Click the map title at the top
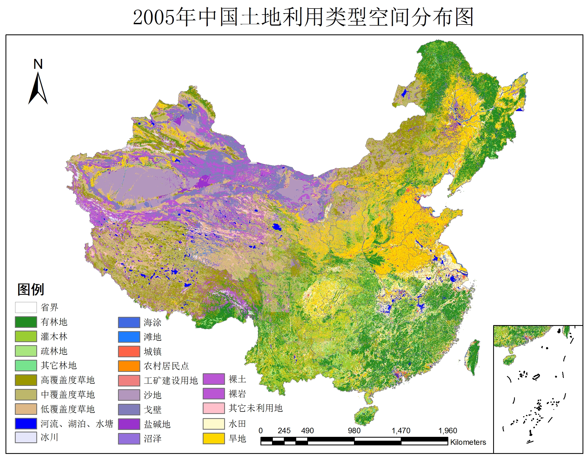303,17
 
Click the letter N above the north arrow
38,64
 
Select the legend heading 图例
31,289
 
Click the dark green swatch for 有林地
26,322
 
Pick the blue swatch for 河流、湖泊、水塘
26,423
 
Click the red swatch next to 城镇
129,351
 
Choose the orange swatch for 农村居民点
129,366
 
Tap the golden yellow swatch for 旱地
214,438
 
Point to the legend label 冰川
50,437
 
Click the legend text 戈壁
152,410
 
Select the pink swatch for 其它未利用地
214,408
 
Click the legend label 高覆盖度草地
68,380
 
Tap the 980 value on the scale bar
354,431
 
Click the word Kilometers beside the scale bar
468,442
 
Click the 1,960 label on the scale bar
447,431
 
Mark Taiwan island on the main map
473,358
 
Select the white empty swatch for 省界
26,307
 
